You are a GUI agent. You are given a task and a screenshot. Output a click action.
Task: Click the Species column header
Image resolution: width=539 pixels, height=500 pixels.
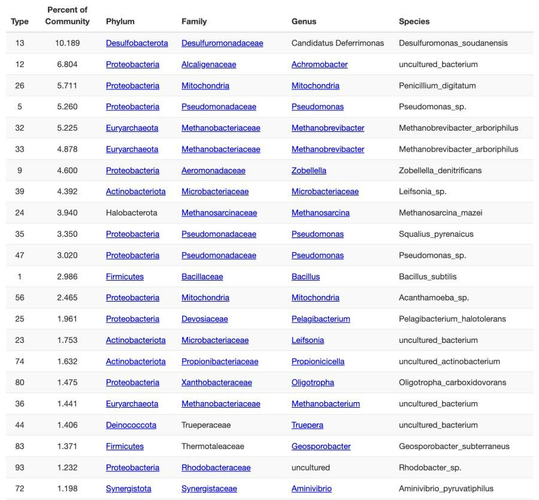tap(414, 22)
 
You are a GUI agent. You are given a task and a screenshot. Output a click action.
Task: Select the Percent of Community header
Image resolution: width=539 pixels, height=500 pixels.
tap(67, 16)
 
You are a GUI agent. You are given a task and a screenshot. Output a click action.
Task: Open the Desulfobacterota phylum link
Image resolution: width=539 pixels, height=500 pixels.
tap(137, 43)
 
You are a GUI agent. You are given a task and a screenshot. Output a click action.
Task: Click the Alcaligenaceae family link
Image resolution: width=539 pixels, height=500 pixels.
tap(208, 64)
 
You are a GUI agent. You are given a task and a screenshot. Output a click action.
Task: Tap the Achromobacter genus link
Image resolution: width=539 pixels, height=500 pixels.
tap(319, 64)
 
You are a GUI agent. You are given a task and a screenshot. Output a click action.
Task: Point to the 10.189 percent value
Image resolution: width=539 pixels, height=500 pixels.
tap(67, 43)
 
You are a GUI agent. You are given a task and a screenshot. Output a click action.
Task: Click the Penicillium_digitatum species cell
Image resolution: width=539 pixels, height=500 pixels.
tap(437, 86)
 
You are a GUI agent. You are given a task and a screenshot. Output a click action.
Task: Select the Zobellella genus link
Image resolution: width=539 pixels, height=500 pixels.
tap(308, 170)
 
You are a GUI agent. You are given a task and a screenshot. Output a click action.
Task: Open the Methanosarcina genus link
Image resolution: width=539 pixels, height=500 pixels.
tap(320, 213)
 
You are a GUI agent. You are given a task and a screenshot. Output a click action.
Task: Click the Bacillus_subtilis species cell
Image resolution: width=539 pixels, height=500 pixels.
tap(428, 276)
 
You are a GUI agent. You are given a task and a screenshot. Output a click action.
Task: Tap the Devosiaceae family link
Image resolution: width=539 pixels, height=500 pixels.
tap(204, 319)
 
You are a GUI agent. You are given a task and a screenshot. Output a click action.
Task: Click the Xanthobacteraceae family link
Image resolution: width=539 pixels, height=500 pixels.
tap(216, 382)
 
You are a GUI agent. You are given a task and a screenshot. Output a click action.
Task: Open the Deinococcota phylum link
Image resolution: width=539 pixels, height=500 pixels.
tap(131, 425)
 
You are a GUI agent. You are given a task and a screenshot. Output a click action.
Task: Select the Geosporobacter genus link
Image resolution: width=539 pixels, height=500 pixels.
tap(321, 446)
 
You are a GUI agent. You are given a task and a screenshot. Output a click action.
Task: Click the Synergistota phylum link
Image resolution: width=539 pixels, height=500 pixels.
tap(128, 489)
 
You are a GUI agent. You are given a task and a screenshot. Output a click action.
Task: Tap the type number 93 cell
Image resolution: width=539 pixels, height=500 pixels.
tap(20, 468)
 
